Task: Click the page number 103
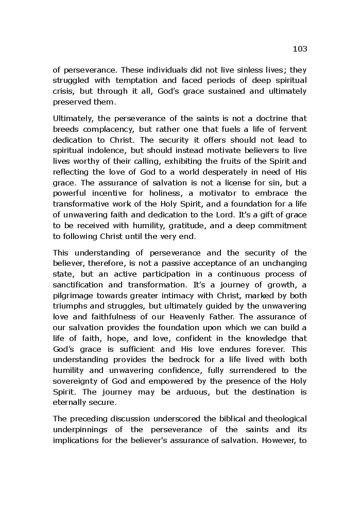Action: (300, 49)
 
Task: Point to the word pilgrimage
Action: (73, 296)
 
